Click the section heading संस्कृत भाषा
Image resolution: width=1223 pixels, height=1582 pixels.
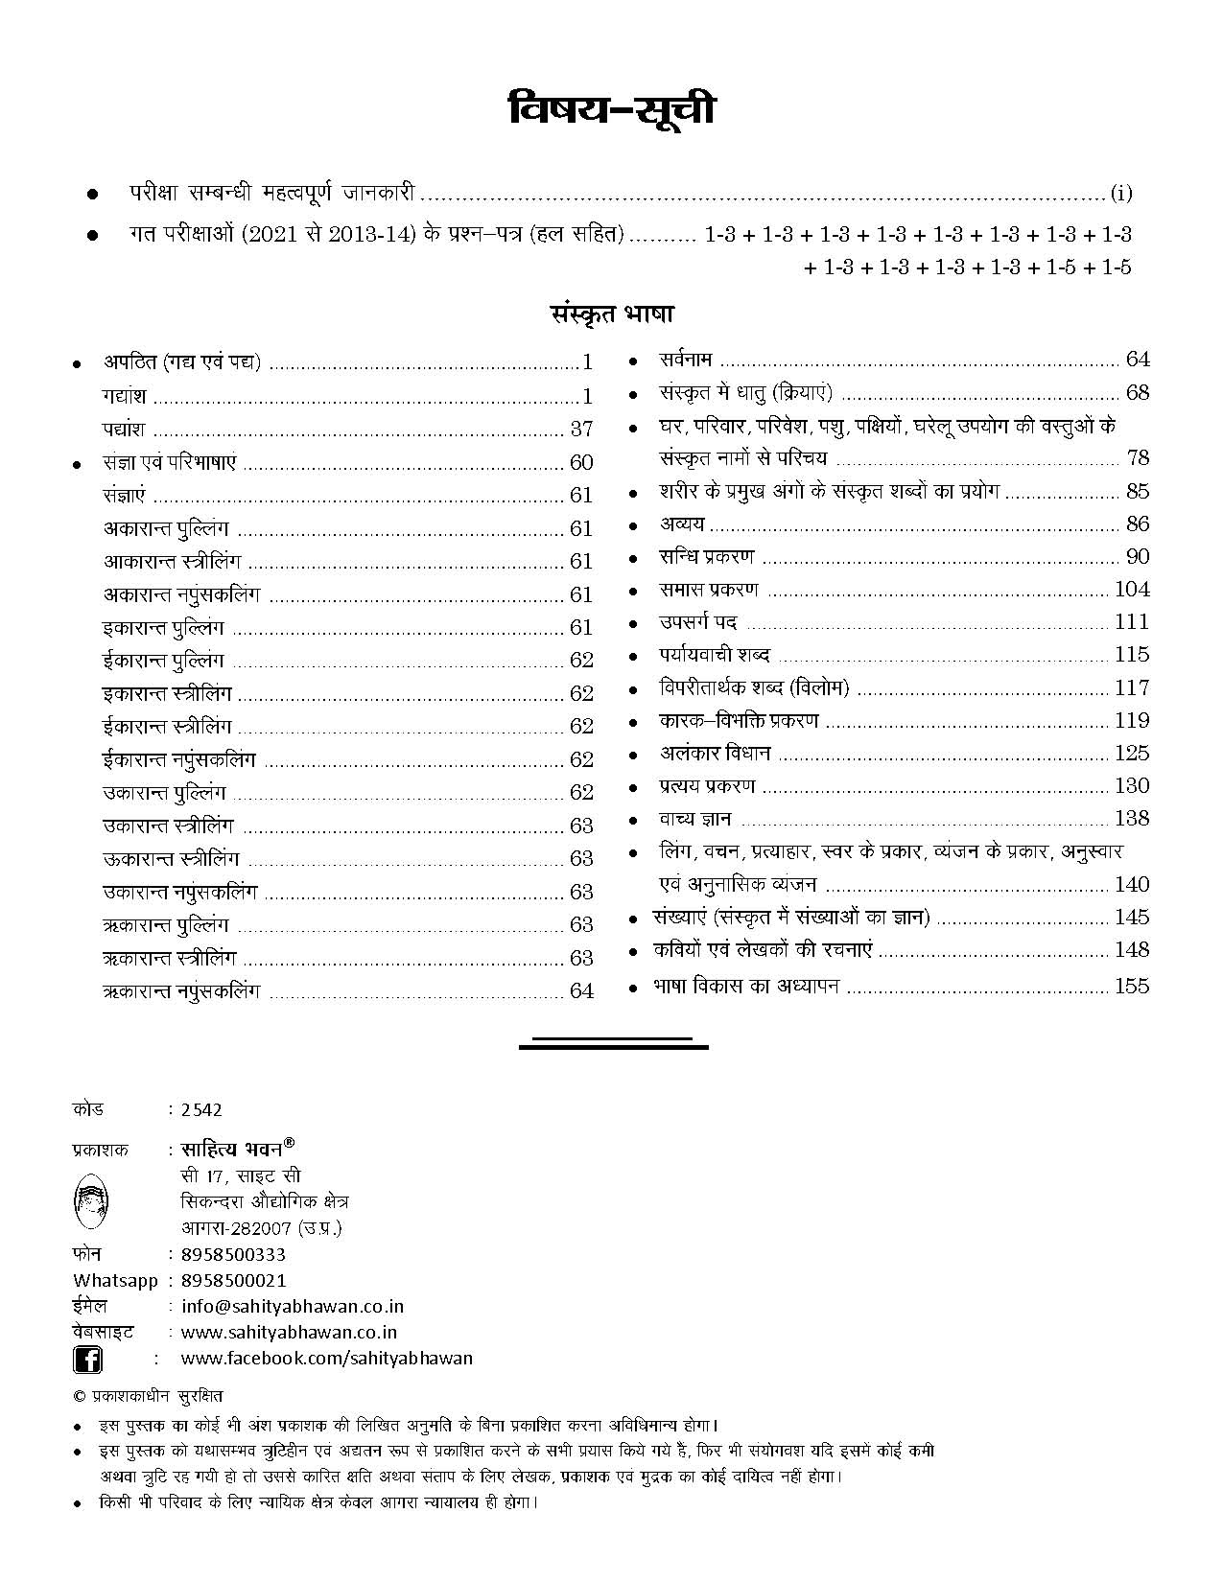point(612,314)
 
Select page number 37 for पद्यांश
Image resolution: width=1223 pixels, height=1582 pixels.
point(581,430)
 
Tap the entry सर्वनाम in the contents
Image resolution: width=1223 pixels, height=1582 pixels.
point(685,361)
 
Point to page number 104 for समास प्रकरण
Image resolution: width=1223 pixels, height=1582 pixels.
point(1132,590)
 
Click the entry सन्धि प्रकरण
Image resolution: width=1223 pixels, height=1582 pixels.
point(706,557)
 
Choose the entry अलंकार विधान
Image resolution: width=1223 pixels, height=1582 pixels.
point(715,754)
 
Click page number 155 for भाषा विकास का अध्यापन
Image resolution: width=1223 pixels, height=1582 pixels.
point(1132,987)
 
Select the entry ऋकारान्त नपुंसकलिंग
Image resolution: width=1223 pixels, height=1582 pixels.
point(181,991)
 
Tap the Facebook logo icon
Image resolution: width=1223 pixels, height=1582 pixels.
point(88,1360)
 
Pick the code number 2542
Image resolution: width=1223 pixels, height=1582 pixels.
point(200,1110)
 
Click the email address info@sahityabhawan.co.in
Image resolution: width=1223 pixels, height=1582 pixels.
point(292,1307)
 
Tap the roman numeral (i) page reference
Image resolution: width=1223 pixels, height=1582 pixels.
point(1121,194)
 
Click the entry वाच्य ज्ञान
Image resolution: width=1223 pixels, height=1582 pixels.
point(695,819)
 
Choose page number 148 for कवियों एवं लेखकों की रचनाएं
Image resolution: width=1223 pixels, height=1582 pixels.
point(1132,950)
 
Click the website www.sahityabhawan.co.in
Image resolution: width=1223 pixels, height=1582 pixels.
point(289,1333)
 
